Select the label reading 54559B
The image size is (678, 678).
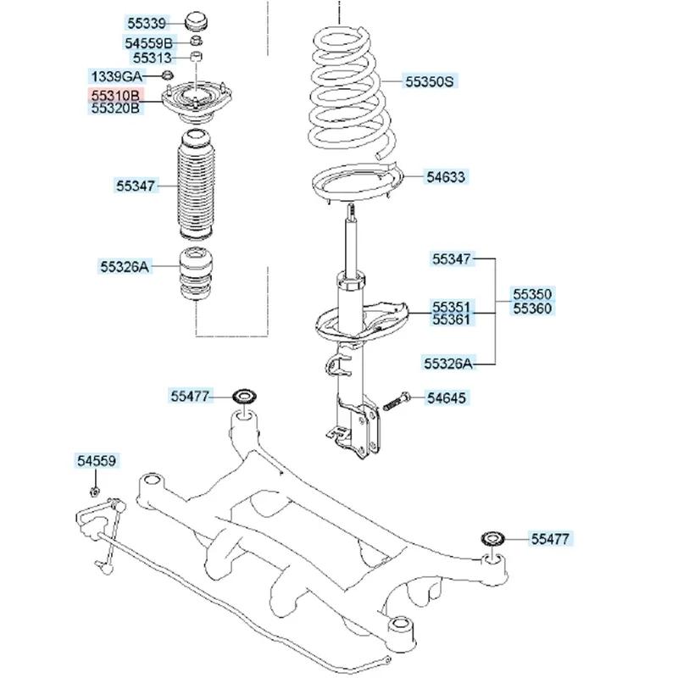[148, 42]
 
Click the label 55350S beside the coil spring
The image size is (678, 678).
[430, 81]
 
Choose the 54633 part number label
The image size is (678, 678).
[446, 177]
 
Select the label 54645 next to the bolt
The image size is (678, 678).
[446, 397]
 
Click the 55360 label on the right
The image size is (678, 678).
[531, 309]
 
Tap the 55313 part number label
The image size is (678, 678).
[152, 58]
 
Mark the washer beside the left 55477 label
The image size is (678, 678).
[247, 396]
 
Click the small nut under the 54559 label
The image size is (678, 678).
[95, 491]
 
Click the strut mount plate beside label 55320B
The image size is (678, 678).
[197, 102]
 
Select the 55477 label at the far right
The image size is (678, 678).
[552, 538]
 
